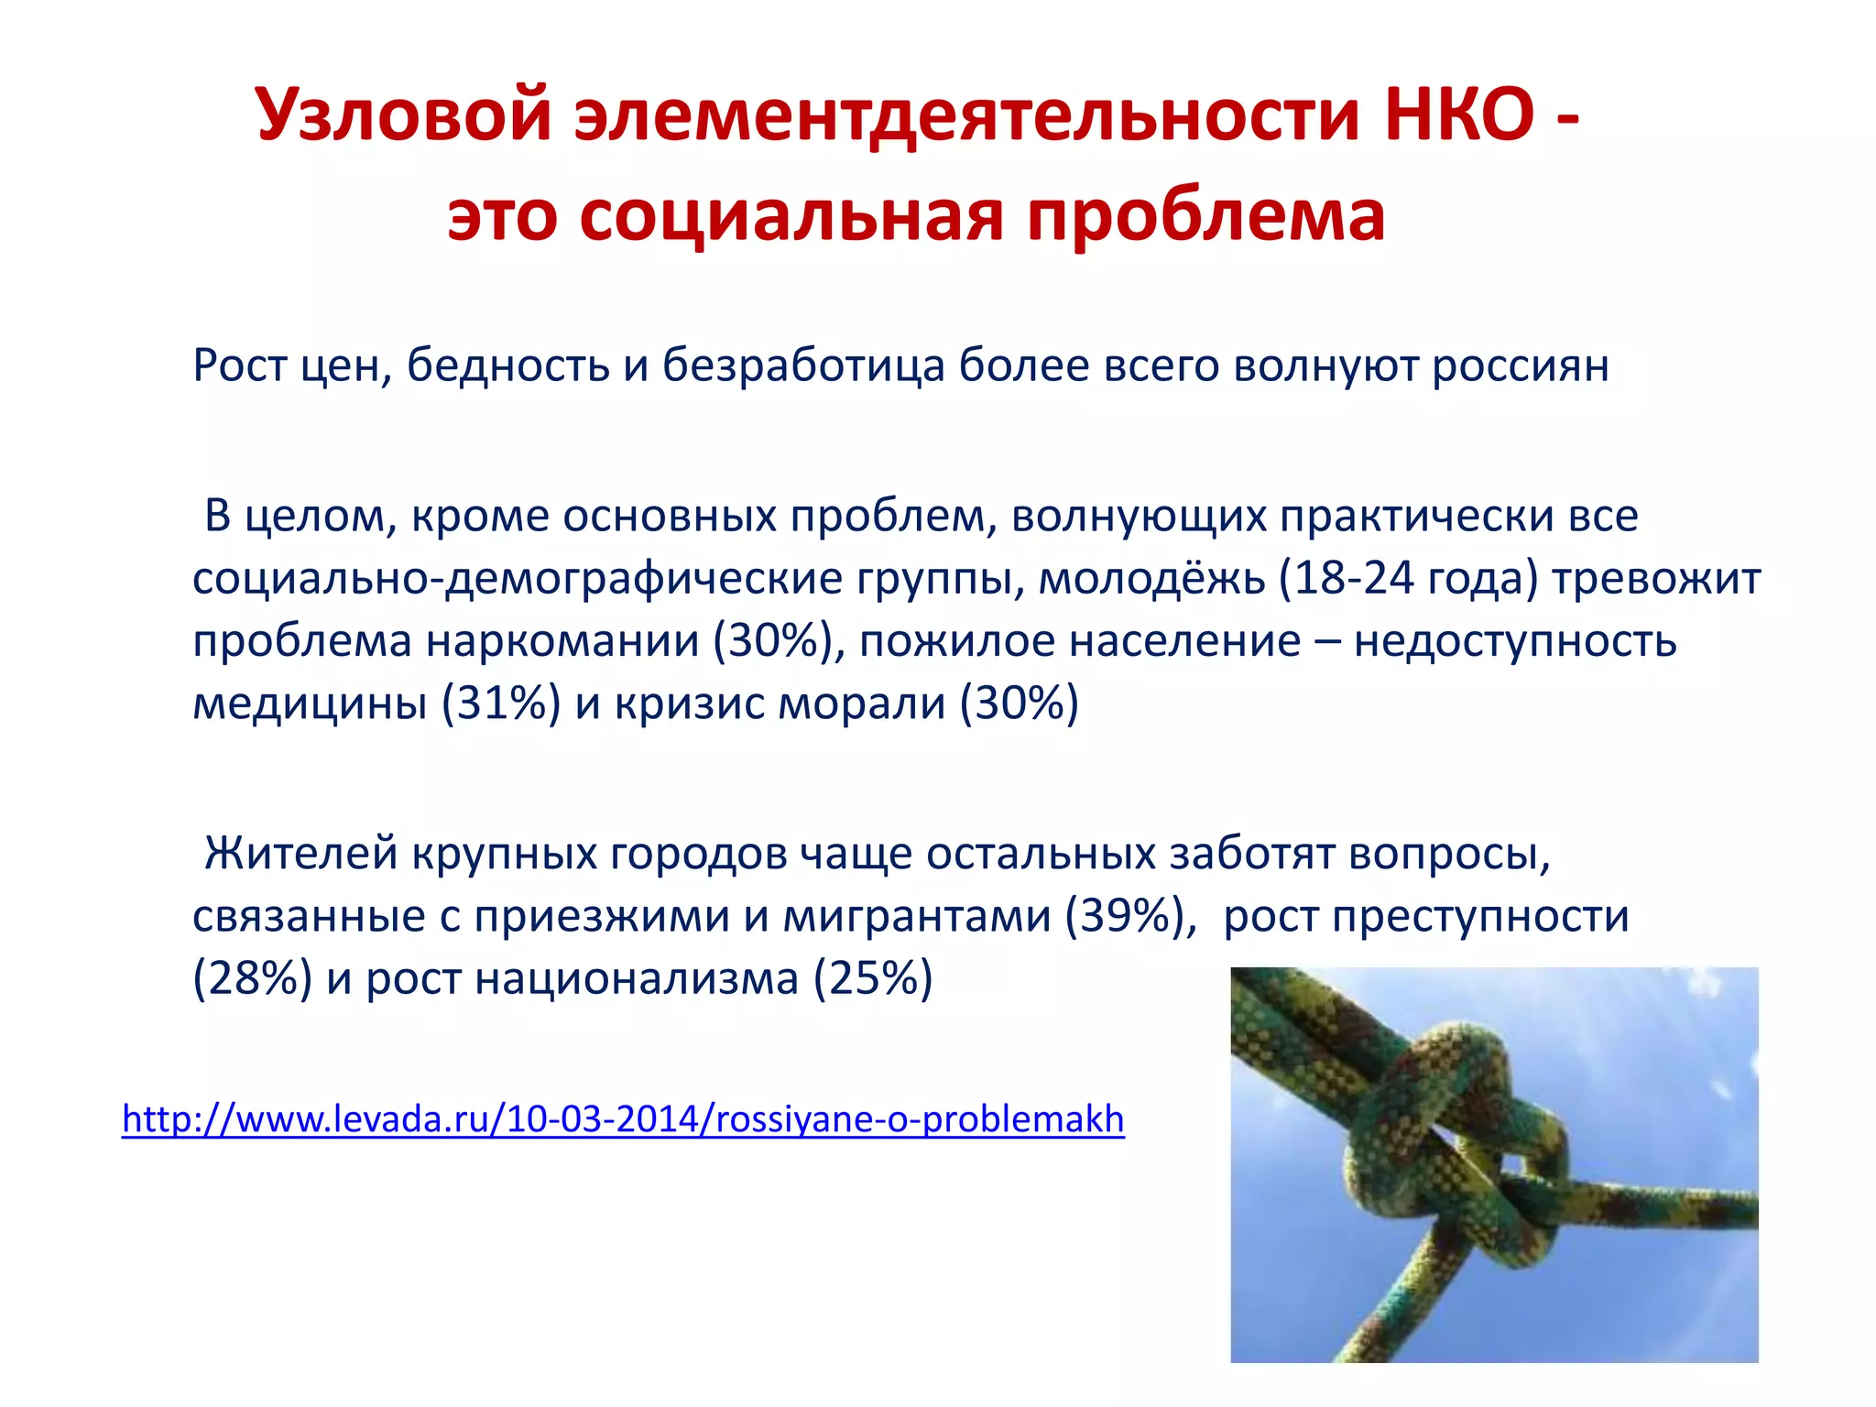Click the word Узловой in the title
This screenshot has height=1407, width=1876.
404,116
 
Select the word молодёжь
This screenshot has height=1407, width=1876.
1151,578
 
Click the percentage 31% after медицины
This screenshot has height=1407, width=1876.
501,703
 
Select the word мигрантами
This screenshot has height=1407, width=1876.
916,916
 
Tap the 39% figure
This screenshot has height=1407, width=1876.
1132,916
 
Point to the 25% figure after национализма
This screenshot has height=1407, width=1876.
873,978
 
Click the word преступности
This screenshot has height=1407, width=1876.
1480,916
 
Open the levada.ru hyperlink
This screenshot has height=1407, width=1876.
623,1119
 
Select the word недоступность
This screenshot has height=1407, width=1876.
1515,640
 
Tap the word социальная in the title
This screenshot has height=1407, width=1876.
791,217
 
